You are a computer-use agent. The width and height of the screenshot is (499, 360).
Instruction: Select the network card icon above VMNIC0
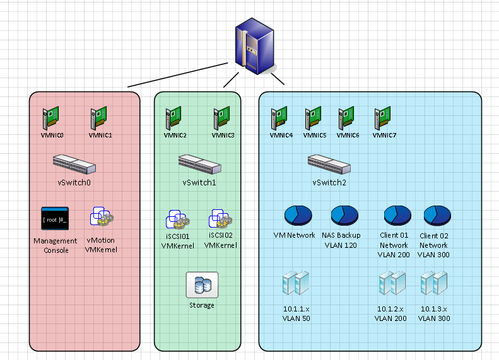click(50, 119)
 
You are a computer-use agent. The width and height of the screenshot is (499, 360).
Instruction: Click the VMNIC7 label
click(384, 135)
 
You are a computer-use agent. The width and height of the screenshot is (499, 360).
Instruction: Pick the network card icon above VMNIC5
click(314, 118)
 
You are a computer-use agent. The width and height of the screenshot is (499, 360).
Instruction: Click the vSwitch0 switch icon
click(74, 165)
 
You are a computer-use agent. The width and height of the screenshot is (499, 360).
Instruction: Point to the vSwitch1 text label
click(199, 183)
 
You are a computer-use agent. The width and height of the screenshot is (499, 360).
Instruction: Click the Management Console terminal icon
click(55, 219)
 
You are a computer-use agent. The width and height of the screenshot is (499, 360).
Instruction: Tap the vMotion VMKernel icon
click(101, 218)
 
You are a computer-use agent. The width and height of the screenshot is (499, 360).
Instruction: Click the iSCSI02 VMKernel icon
click(220, 219)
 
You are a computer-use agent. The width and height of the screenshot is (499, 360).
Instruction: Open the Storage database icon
click(202, 285)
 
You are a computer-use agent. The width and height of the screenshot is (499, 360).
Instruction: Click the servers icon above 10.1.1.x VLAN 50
click(296, 284)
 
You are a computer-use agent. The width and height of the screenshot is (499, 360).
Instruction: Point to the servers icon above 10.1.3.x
click(434, 284)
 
